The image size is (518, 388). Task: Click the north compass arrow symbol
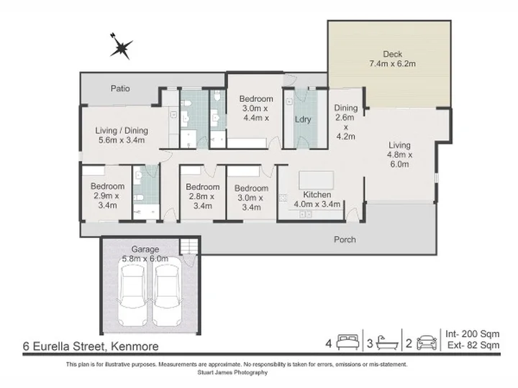coord(122,47)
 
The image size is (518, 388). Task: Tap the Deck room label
coord(393,54)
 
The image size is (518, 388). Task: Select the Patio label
coord(120,88)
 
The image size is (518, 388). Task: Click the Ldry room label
coord(303,119)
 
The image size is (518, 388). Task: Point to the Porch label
coord(345,239)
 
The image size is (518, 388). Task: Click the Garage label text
coord(145,249)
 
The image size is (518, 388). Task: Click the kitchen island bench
coord(316,180)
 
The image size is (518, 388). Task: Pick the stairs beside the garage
coord(189,246)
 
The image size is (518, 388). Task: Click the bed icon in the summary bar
coord(347,343)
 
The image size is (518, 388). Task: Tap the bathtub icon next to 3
coord(388,343)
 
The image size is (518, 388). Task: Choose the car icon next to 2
coord(427,343)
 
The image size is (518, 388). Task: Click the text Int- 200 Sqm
coord(473,334)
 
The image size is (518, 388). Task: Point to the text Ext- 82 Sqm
coord(473,345)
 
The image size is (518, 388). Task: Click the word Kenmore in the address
coord(135,347)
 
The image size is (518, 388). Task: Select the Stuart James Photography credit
coord(232,372)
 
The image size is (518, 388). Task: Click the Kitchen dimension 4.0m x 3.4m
coord(317,204)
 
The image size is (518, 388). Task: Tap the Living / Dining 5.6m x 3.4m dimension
coord(122,140)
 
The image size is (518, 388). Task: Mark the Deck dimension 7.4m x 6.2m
coord(393,64)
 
